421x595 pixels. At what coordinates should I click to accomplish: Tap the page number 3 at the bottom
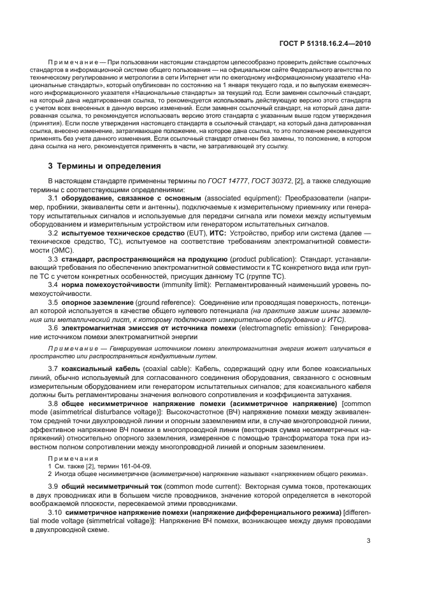369,540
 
